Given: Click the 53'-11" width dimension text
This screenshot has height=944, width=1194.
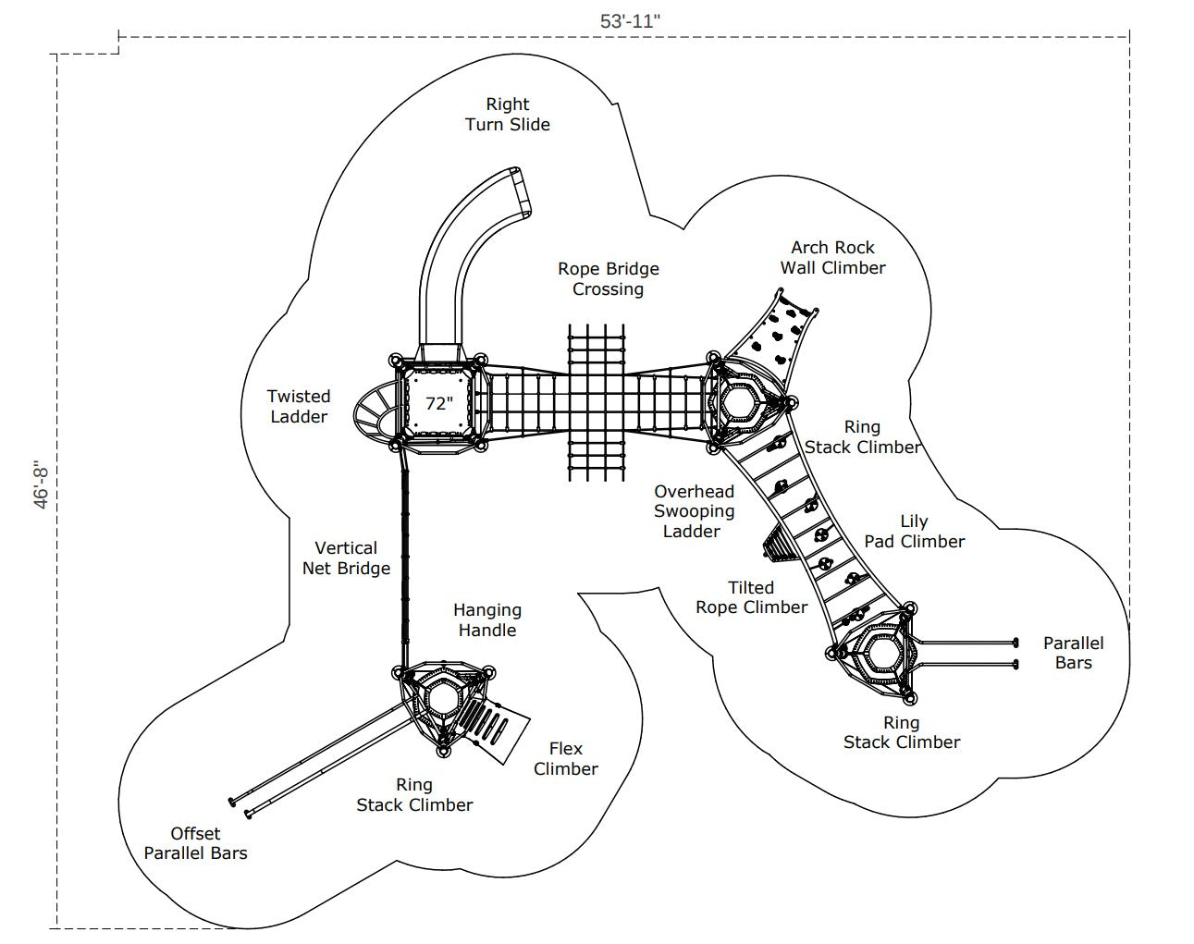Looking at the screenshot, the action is (630, 21).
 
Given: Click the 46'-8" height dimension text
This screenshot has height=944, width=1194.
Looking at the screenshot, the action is (41, 484).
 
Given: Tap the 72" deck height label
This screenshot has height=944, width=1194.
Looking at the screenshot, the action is (439, 404).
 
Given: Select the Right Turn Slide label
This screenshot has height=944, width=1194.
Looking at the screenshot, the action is (508, 115).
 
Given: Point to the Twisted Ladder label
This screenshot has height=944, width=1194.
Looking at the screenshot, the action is (299, 407).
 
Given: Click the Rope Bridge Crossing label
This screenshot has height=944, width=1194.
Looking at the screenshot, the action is (609, 279).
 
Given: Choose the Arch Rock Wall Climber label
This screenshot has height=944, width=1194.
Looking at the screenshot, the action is (832, 257).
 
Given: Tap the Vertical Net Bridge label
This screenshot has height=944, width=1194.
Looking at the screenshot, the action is (346, 558).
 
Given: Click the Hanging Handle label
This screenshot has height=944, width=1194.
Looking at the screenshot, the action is (487, 620).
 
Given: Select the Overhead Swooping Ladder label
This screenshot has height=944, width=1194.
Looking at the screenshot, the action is (694, 511).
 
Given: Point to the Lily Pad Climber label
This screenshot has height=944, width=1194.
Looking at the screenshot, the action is (915, 532).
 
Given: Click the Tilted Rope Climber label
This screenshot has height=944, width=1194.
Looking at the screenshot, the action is (751, 597).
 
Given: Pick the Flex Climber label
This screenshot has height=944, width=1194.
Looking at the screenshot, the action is (566, 759).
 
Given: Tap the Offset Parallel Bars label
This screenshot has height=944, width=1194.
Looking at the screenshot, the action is (195, 843).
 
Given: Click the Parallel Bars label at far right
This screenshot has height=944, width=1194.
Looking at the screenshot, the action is (1074, 653).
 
